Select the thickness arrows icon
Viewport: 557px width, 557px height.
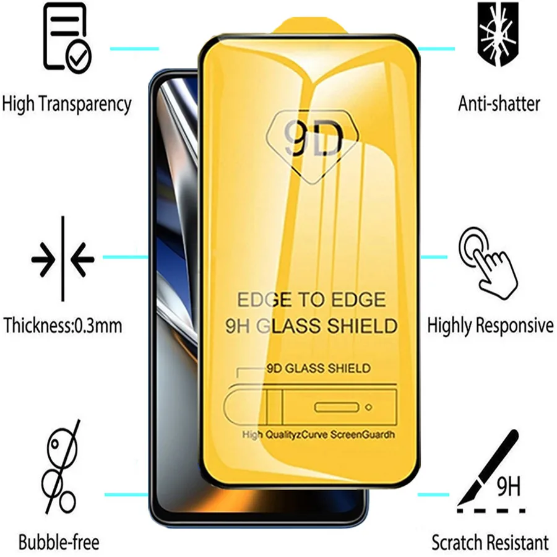pos(63,258)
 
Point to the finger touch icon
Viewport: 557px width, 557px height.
pos(488,261)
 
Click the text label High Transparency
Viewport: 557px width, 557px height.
pos(67,103)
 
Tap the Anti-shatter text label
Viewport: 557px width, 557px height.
pos(499,103)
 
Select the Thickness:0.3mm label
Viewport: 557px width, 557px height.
pos(63,325)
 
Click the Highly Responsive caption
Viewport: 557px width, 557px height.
pos(490,325)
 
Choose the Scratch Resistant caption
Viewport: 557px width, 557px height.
pos(490,543)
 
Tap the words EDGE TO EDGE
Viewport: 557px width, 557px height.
pos(311,300)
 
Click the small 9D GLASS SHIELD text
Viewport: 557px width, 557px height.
pos(318,368)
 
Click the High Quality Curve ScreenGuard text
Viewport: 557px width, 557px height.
pos(318,434)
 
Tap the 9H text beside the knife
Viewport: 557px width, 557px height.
pos(508,488)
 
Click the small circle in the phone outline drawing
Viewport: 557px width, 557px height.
pos(369,407)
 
